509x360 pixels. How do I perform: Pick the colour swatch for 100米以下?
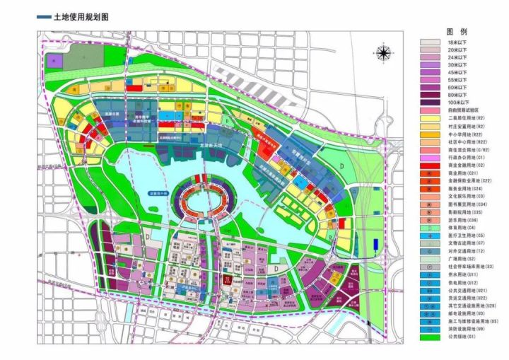431,102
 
